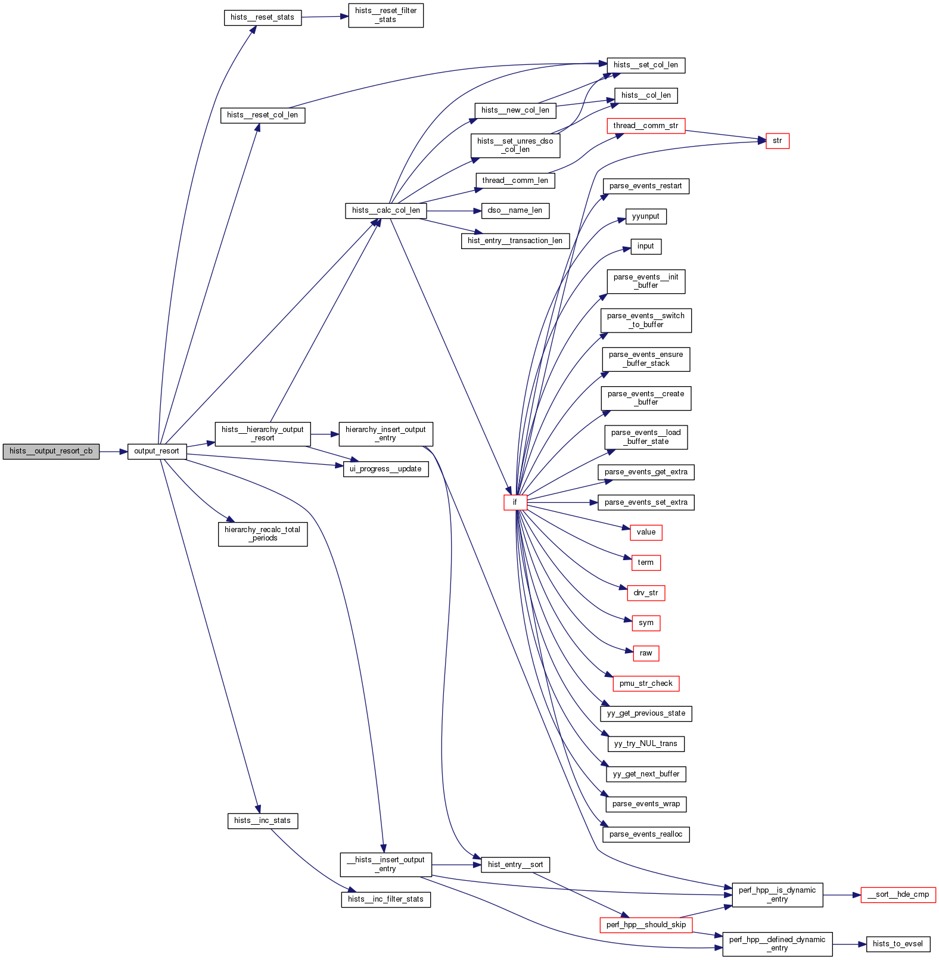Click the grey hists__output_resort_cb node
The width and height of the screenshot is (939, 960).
(51, 452)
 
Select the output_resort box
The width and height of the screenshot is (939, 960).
(157, 452)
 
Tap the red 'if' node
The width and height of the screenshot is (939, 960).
(515, 502)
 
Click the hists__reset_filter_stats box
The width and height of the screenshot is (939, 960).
(385, 15)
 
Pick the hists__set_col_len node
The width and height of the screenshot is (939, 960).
(645, 65)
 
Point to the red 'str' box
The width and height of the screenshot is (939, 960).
(777, 141)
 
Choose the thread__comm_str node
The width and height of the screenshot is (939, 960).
(645, 126)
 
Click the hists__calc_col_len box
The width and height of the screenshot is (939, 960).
(385, 210)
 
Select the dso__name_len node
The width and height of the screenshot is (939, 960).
(515, 210)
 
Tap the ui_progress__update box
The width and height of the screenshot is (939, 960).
(385, 469)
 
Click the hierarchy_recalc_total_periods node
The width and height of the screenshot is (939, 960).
(262, 534)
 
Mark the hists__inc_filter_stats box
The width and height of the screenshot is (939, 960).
(385, 899)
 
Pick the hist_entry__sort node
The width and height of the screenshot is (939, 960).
(515, 865)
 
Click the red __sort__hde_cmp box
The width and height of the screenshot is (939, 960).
(898, 894)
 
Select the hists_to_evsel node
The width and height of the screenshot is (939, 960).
(897, 944)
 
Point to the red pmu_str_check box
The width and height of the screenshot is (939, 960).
(645, 684)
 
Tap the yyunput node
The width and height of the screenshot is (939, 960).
(645, 216)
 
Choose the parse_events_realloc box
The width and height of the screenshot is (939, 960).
(645, 834)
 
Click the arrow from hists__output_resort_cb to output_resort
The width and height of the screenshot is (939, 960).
(113, 452)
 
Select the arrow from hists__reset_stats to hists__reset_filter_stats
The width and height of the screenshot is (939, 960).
(325, 17)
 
